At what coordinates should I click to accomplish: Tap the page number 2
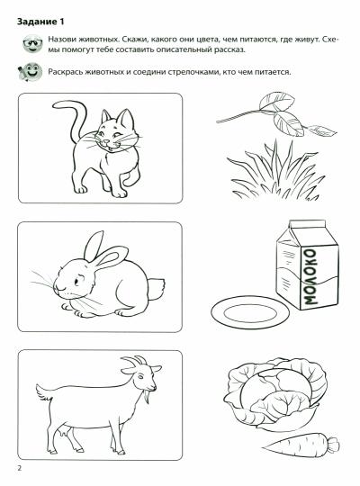click(20, 468)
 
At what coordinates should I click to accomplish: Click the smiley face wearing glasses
click(32, 43)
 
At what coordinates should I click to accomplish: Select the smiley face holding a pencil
click(30, 72)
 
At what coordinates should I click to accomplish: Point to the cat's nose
click(106, 141)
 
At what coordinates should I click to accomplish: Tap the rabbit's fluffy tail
click(157, 289)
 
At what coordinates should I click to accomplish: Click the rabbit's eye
click(76, 282)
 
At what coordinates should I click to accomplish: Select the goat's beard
click(146, 397)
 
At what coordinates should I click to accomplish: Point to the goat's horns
click(136, 361)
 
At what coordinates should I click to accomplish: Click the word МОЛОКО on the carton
click(310, 277)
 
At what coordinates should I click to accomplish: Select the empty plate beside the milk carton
click(250, 312)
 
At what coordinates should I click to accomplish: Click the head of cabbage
click(275, 393)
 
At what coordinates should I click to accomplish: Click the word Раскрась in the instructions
click(63, 72)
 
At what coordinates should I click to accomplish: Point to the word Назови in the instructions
click(61, 40)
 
